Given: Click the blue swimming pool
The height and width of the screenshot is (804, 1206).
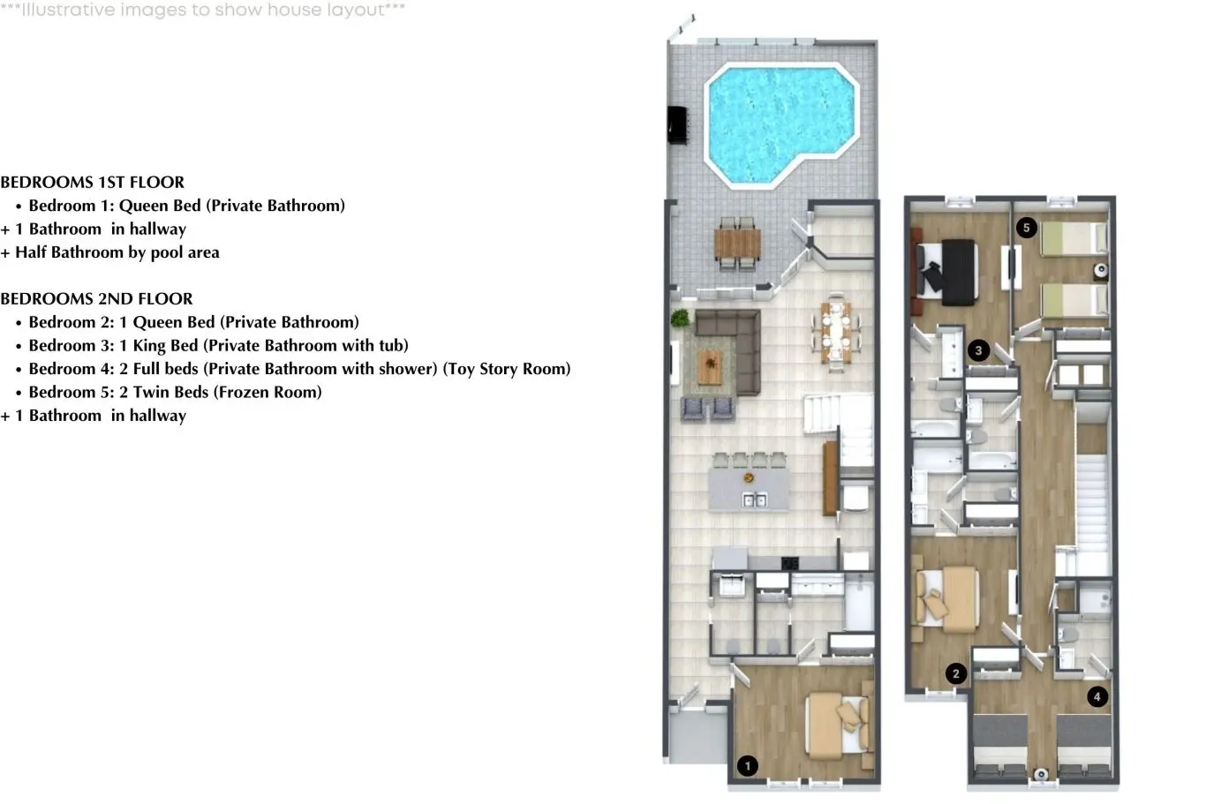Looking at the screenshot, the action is (x=780, y=124).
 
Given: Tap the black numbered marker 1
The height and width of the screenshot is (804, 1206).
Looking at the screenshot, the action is (x=747, y=766).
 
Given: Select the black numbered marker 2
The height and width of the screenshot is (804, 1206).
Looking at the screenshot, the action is (x=955, y=673).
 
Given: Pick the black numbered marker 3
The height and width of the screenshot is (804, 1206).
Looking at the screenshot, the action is (x=978, y=351).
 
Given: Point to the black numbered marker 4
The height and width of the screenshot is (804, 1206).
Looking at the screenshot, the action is (x=1097, y=697).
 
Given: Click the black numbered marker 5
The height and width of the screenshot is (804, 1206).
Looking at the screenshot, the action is (x=1026, y=228).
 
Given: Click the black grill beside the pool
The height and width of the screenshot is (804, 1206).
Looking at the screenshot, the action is (x=678, y=124).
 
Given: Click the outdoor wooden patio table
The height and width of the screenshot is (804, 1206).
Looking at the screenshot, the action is (x=737, y=244).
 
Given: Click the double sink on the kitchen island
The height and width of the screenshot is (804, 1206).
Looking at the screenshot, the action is (x=754, y=500).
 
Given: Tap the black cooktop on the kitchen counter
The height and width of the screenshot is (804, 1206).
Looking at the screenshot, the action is (x=790, y=563).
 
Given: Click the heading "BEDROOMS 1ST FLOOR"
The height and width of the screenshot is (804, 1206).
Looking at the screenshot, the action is (x=92, y=182).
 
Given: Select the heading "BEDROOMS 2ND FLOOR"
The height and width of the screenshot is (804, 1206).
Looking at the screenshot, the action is (x=96, y=298).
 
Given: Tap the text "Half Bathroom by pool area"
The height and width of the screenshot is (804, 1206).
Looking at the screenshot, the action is (x=117, y=252).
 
